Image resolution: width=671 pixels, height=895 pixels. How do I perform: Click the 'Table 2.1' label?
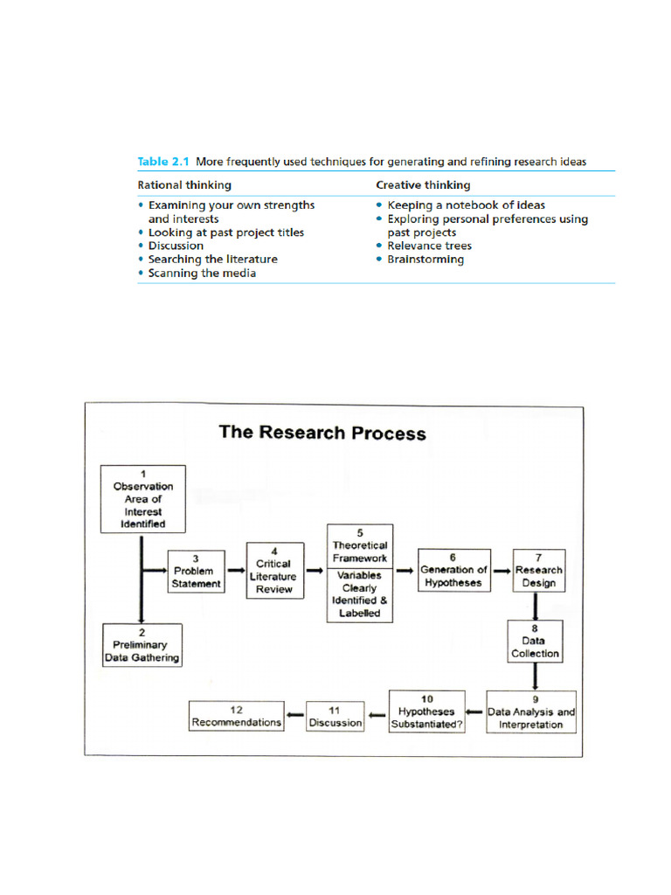tap(163, 162)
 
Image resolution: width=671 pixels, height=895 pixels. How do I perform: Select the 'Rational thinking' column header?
tap(184, 184)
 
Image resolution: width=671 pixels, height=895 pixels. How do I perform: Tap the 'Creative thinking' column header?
tap(423, 184)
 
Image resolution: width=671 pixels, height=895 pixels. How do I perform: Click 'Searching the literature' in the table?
tap(212, 260)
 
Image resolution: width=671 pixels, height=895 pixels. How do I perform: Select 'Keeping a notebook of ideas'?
tap(466, 205)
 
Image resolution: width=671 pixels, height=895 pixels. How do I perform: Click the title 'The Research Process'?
tap(322, 433)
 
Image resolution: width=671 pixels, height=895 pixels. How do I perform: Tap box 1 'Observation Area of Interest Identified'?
tap(143, 499)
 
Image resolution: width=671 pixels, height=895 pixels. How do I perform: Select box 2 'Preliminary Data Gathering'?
tap(143, 645)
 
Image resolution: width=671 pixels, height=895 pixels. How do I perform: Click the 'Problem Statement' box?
tap(195, 571)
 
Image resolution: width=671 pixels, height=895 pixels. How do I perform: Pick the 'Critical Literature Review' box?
tap(273, 571)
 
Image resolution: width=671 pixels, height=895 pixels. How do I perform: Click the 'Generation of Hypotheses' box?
tap(453, 570)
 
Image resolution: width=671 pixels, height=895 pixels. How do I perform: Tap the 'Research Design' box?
tap(538, 570)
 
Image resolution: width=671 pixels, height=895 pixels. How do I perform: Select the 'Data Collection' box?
tap(536, 641)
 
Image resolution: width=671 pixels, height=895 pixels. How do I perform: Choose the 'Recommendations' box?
tap(237, 716)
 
